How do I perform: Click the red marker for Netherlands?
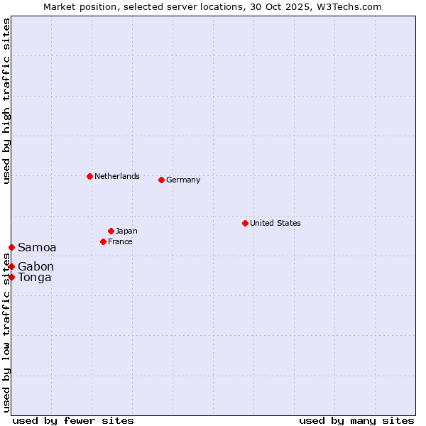pyautogui.click(x=89, y=176)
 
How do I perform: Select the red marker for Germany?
pyautogui.click(x=161, y=180)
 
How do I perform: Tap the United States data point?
pyautogui.click(x=245, y=223)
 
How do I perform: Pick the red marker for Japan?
pyautogui.click(x=111, y=231)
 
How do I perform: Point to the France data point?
pyautogui.click(x=103, y=241)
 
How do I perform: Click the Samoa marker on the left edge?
pyautogui.click(x=11, y=247)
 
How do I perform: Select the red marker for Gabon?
pyautogui.click(x=11, y=266)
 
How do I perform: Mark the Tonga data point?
pyautogui.click(x=11, y=277)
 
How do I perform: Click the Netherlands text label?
pyautogui.click(x=117, y=176)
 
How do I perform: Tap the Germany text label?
pyautogui.click(x=183, y=180)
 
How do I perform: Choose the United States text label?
pyautogui.click(x=275, y=223)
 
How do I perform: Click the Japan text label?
pyautogui.click(x=126, y=231)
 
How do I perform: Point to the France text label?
pyautogui.click(x=120, y=241)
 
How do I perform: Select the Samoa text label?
pyautogui.click(x=37, y=247)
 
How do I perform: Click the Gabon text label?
pyautogui.click(x=35, y=266)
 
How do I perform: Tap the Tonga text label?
pyautogui.click(x=35, y=277)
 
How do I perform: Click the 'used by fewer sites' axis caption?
pyautogui.click(x=73, y=420)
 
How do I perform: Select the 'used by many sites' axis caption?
pyautogui.click(x=356, y=420)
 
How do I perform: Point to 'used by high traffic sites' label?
pyautogui.click(x=6, y=101)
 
